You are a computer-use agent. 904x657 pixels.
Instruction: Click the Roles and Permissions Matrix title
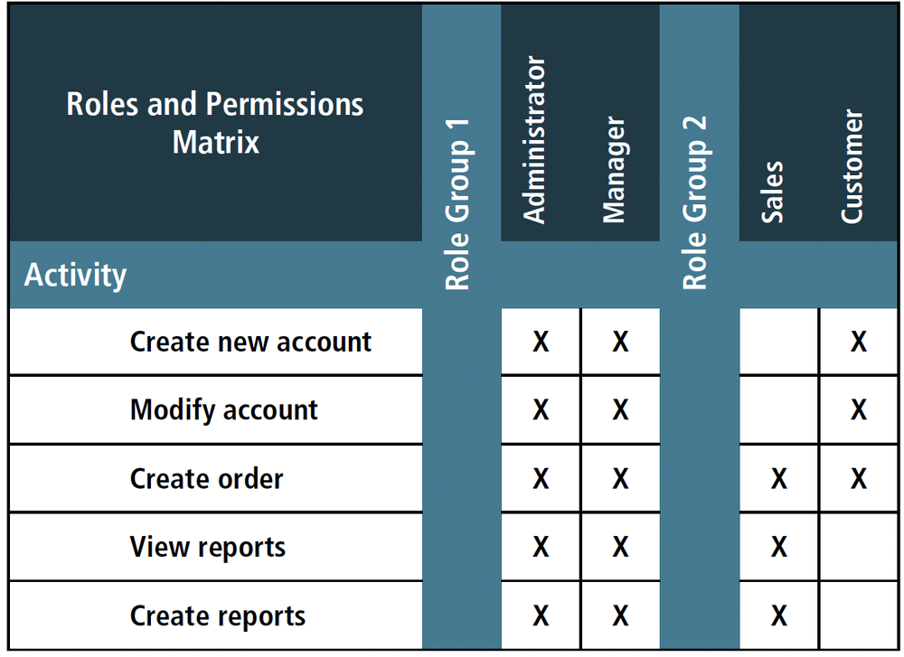click(x=215, y=123)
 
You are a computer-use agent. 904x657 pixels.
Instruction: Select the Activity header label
click(x=75, y=275)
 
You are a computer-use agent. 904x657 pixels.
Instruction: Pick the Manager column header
click(x=614, y=169)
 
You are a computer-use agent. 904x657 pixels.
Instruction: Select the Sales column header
click(x=773, y=192)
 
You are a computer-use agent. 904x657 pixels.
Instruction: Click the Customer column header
click(x=852, y=166)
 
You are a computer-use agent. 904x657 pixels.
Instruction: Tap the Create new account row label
click(x=250, y=342)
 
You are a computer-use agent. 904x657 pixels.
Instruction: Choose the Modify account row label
click(x=224, y=409)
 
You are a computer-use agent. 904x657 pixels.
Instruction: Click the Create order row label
click(x=206, y=478)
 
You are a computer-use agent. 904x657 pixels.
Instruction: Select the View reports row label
click(x=207, y=547)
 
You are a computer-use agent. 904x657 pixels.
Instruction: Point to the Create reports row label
click(x=218, y=615)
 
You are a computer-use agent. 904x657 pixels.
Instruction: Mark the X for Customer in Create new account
click(x=858, y=342)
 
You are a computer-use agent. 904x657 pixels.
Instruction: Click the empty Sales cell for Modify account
click(x=778, y=409)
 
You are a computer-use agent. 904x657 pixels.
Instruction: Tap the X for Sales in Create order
click(x=778, y=479)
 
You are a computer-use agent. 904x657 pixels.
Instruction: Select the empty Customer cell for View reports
click(x=858, y=547)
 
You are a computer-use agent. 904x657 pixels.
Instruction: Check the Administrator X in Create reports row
click(x=541, y=616)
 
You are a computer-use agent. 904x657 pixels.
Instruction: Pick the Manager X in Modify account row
click(x=620, y=410)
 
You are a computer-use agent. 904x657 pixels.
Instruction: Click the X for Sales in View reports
click(x=778, y=548)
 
